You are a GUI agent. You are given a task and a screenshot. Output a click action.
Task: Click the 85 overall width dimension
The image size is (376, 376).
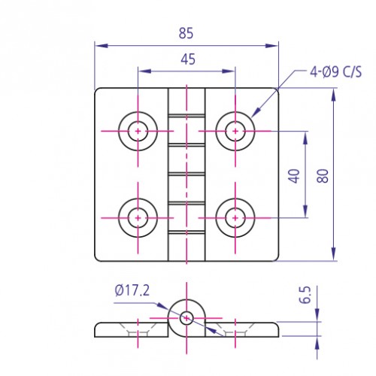[186, 33]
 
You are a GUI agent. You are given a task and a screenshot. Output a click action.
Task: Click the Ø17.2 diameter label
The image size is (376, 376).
[133, 290]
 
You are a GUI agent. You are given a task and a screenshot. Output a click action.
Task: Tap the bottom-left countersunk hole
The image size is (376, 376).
[138, 217]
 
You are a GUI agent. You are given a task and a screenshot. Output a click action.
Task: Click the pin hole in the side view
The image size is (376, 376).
[186, 317]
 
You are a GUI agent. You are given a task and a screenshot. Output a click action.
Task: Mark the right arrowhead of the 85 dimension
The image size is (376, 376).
[274, 45]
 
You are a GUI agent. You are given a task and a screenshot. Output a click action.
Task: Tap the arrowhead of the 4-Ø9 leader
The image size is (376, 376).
[253, 115]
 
